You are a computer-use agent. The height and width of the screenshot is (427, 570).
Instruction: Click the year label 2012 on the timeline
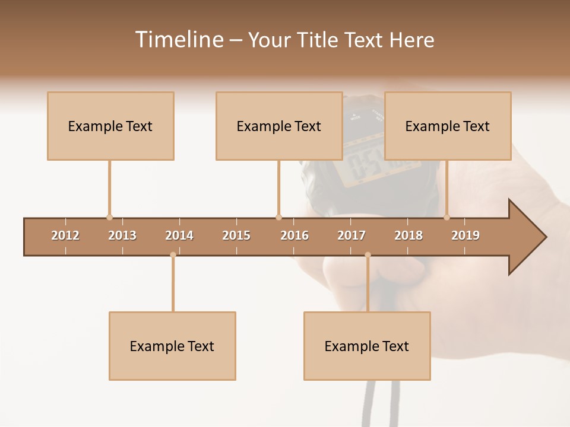[65, 235]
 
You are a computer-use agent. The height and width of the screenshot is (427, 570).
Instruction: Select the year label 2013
[122, 235]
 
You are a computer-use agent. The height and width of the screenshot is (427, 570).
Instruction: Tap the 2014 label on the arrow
[179, 235]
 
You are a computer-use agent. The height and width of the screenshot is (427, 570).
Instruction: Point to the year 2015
[236, 235]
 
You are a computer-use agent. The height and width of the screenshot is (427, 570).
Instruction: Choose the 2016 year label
[294, 235]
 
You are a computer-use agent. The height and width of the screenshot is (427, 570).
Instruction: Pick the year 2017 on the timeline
[351, 235]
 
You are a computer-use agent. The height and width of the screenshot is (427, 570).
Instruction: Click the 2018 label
[408, 235]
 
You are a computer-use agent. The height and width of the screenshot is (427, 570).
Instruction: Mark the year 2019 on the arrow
[465, 235]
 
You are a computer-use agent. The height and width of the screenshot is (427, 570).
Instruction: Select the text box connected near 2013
[110, 126]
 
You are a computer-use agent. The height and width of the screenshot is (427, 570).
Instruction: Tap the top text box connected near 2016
[279, 126]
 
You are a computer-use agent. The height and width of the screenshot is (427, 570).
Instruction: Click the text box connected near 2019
[448, 126]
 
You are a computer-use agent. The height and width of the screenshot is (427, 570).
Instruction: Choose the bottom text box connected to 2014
[172, 346]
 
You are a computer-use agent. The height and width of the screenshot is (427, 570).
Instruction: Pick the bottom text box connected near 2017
[367, 346]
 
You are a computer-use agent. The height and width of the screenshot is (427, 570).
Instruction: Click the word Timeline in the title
[178, 40]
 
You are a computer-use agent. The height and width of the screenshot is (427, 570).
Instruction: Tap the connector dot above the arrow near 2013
[109, 217]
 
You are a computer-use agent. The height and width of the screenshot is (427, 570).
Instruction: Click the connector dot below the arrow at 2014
[173, 255]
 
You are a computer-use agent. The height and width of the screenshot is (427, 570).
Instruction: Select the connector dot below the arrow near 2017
[368, 255]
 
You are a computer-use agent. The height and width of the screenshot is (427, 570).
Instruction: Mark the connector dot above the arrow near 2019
[446, 217]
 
